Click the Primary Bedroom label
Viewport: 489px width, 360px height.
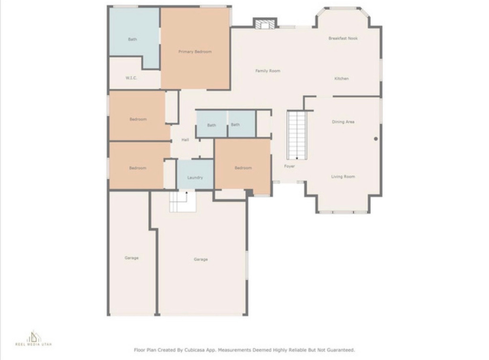[x=195, y=52]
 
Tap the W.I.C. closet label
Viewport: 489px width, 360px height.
[x=131, y=78]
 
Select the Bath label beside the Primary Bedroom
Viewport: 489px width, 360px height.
[x=132, y=39]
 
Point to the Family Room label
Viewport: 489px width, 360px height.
[x=267, y=71]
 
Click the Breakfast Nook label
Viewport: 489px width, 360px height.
[x=343, y=38]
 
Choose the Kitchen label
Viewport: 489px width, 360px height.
[x=341, y=78]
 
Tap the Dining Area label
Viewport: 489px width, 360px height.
[x=343, y=122]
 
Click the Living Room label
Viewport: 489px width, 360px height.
[x=343, y=177]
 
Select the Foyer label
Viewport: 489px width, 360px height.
[x=289, y=166]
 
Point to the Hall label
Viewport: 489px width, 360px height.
[x=185, y=140]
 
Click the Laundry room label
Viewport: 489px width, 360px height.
[x=195, y=178]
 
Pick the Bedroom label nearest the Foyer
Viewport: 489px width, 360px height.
[x=243, y=168]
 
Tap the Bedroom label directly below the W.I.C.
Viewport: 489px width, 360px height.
[x=138, y=119]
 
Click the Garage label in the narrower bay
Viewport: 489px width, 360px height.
[x=131, y=258]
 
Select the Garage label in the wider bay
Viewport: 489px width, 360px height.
[x=201, y=259]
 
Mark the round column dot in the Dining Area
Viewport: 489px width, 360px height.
[x=376, y=139]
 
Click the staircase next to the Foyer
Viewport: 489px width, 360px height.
[x=297, y=135]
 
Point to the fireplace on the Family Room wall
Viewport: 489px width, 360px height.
[x=265, y=23]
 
